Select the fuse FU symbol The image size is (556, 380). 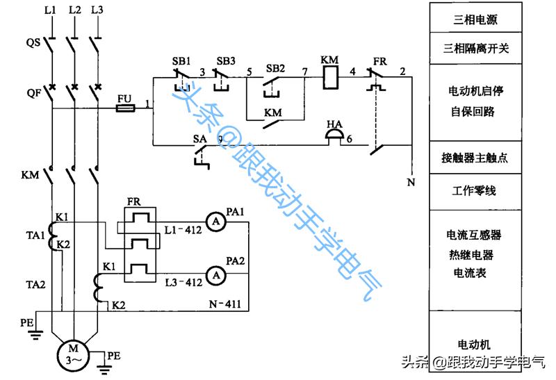125,108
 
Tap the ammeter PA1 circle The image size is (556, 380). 215,222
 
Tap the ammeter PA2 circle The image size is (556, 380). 215,276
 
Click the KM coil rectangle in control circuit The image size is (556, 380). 329,78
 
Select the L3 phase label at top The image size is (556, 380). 97,10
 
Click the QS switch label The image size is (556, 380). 33,42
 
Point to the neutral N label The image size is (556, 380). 410,183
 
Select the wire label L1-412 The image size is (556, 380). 183,229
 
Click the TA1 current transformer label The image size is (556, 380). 35,235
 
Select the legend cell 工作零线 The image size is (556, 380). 475,190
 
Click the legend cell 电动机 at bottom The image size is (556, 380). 475,344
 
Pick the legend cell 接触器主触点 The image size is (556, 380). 475,158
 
